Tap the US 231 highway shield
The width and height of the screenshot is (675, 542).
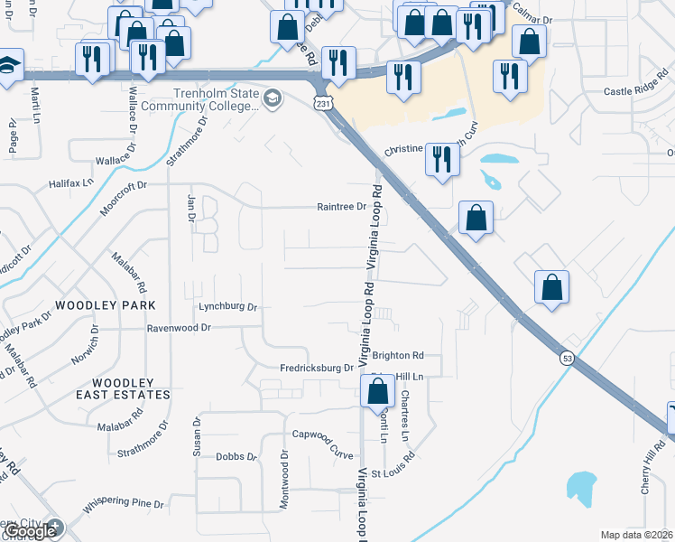(322, 106)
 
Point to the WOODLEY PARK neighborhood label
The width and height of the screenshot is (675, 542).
(106, 305)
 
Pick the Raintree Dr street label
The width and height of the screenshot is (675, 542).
(341, 206)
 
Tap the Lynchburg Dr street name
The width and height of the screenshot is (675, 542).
(228, 307)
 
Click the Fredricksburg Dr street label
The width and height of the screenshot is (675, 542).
(317, 368)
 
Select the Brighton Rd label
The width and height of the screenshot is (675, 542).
(397, 356)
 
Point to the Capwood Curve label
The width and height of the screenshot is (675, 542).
(322, 435)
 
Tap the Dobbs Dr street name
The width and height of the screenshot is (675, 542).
(236, 456)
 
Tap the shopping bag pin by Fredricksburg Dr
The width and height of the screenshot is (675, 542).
(377, 393)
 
